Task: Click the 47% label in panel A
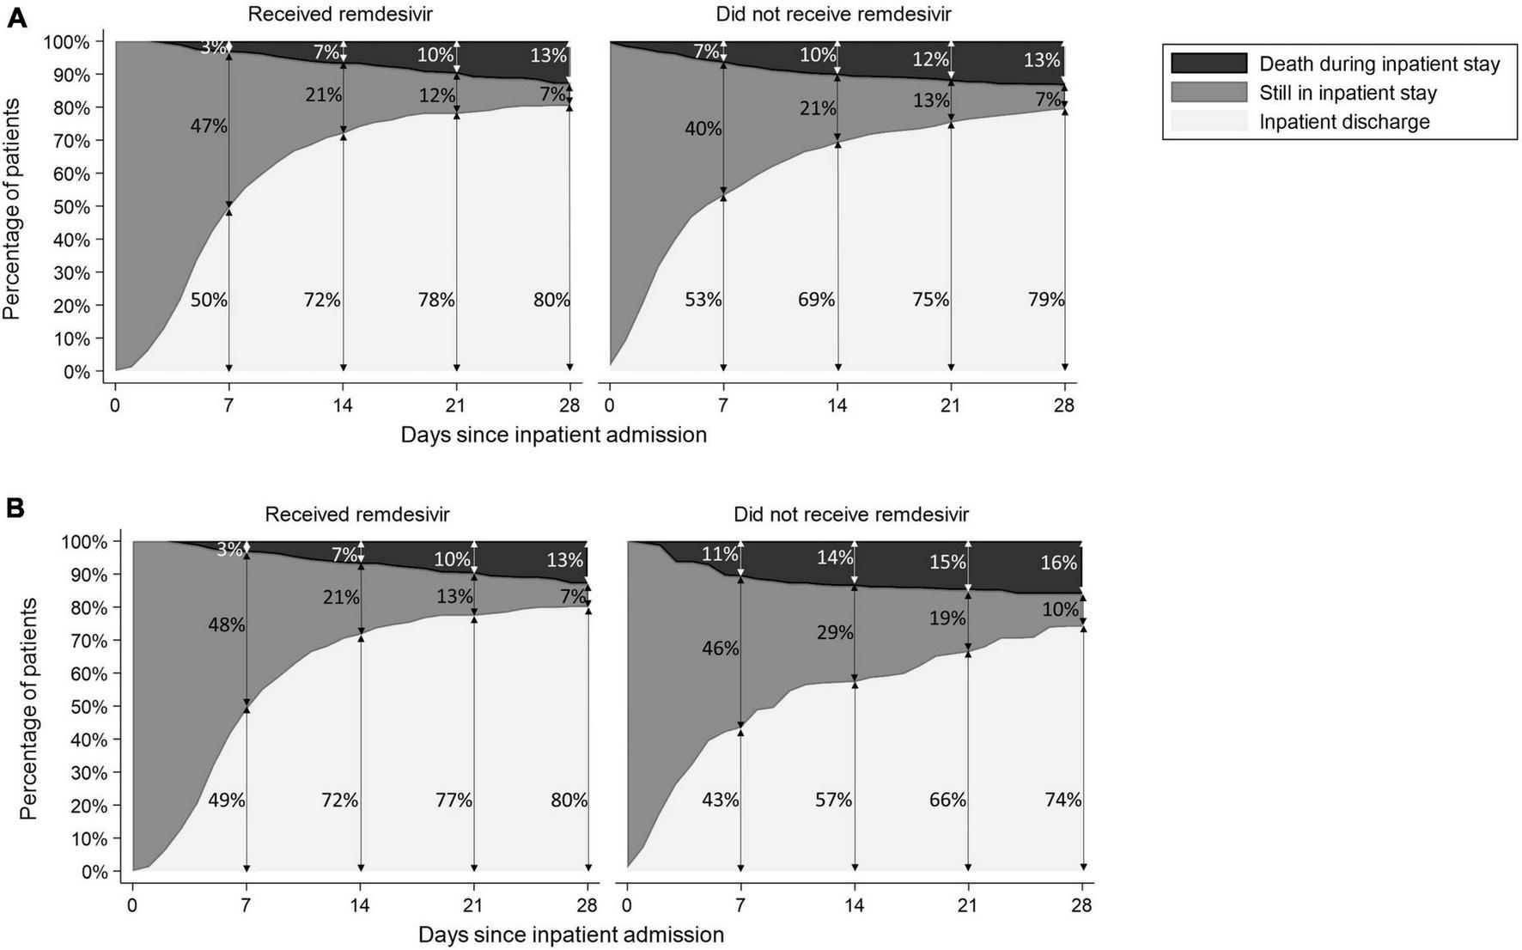pos(209,126)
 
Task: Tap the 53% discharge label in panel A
pos(703,300)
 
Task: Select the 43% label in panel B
pos(720,800)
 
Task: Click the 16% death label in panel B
pos(1058,563)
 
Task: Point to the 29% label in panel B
pos(834,633)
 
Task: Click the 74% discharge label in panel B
pos(1062,800)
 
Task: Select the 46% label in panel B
pos(720,649)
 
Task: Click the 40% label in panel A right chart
pos(703,129)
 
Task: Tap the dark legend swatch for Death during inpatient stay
pos(1208,64)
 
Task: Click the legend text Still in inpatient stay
pos(1347,93)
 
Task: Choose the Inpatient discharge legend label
pos(1344,122)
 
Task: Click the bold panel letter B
pos(15,508)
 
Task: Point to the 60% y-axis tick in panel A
pos(70,174)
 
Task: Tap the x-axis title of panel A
pos(553,435)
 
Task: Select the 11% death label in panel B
pos(720,554)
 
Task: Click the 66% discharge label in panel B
pos(947,800)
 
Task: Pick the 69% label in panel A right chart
pos(816,300)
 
